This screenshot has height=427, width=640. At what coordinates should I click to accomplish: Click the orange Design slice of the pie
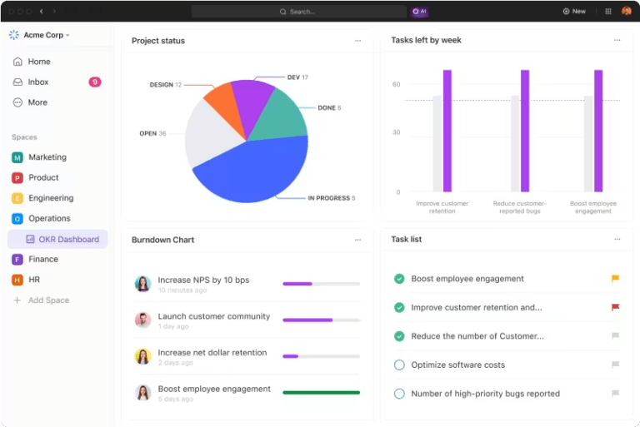pos(220,101)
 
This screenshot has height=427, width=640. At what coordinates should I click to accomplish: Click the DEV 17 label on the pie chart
pos(297,77)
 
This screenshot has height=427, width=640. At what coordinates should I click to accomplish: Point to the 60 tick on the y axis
pos(397,84)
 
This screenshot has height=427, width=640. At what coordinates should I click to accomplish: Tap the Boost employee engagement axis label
pos(593,207)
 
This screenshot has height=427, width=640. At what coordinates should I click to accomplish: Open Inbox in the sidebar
pos(38,82)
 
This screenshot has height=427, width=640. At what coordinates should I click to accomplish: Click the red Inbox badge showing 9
pos(95,82)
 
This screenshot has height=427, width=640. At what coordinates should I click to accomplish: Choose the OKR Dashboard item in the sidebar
pos(68,240)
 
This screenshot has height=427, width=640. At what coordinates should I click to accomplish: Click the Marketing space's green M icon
pos(17,157)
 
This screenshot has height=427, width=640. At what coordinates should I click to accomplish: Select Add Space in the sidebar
pos(48,300)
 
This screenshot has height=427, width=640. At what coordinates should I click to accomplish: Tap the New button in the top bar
pos(574,12)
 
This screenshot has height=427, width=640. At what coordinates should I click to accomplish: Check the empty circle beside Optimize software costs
pos(399,365)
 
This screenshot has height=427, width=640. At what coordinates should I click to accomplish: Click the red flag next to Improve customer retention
pos(615,307)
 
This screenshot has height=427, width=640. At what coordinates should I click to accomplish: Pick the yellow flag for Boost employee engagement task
pos(615,279)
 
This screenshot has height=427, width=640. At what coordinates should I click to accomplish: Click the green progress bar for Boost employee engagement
pos(321,392)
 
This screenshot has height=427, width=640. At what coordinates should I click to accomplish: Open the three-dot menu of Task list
pos(617,240)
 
